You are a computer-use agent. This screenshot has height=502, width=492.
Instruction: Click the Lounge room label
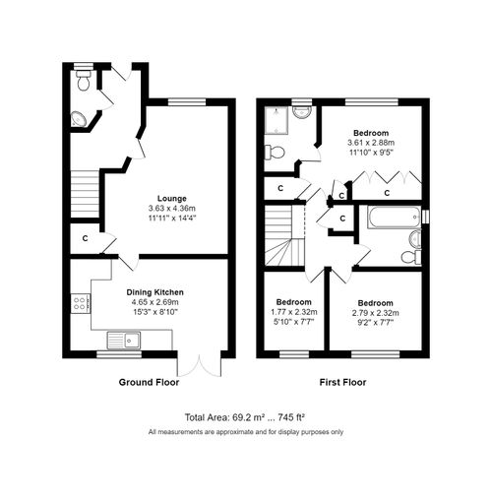pyautogui.click(x=166, y=198)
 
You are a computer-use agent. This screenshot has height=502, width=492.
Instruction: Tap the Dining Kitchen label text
pyautogui.click(x=154, y=292)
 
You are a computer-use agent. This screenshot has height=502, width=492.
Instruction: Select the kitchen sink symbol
pyautogui.click(x=125, y=342)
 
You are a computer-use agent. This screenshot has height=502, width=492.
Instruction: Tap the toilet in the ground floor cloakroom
pyautogui.click(x=83, y=85)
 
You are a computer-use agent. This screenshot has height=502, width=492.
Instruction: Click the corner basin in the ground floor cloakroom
pyautogui.click(x=80, y=120)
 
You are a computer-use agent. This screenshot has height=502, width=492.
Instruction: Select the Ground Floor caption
pyautogui.click(x=148, y=381)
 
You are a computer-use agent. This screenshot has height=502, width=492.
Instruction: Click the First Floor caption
pyautogui.click(x=342, y=381)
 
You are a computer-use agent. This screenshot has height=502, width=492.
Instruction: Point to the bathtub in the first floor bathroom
pyautogui.click(x=394, y=216)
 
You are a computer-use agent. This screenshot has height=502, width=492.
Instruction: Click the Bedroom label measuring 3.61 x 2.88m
pyautogui.click(x=372, y=133)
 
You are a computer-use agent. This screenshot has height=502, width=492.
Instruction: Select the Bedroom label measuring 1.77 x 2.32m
pyautogui.click(x=292, y=302)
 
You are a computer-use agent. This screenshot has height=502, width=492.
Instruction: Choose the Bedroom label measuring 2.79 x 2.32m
pyautogui.click(x=375, y=302)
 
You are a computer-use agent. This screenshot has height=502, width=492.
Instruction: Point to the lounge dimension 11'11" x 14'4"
pyautogui.click(x=166, y=218)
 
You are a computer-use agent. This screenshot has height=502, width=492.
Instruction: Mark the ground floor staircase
pyautogui.click(x=85, y=184)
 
